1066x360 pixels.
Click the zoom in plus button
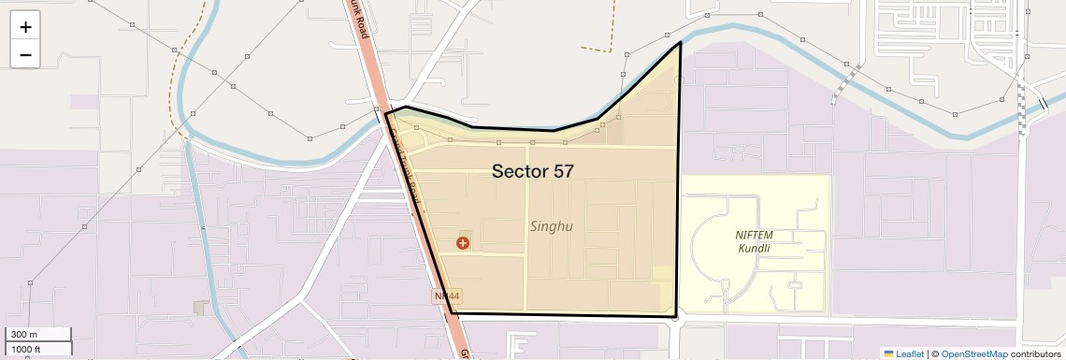pos(25,27)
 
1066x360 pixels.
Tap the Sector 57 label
pos(532,171)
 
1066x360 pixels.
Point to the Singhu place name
pos(551,226)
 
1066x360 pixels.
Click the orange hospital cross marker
pos(462,243)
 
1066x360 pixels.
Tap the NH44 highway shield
pos(444,295)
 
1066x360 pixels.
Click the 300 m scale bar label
pos(25,335)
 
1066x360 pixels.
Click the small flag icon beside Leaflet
pos(888,353)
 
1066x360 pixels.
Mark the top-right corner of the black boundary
pos(680,42)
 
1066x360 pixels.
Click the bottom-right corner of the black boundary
pos(676,316)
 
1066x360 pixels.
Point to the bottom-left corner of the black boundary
pos(452,313)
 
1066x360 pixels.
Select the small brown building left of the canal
pos(199,307)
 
